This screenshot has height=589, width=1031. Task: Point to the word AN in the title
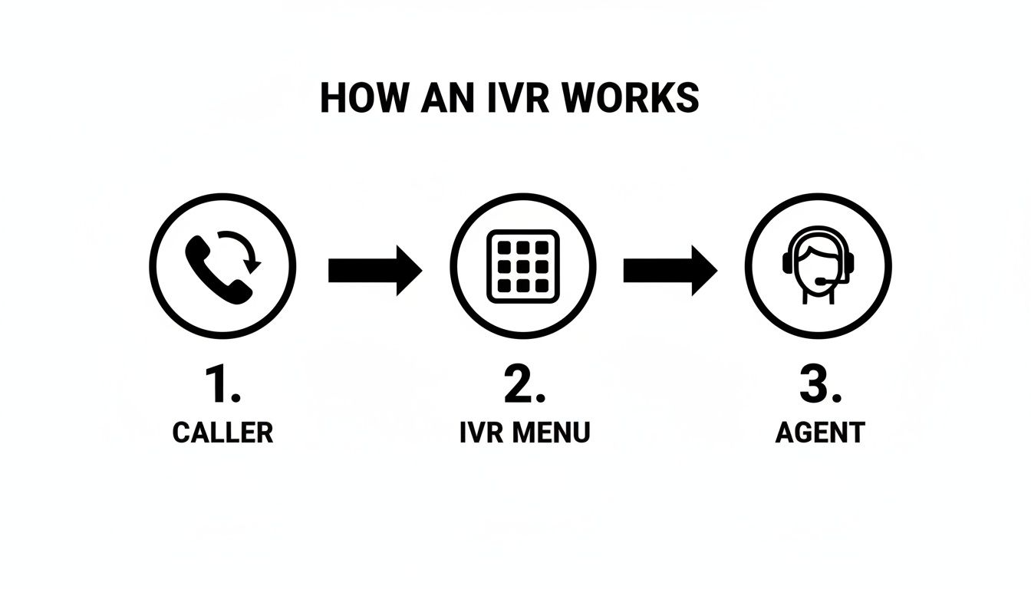tap(442, 98)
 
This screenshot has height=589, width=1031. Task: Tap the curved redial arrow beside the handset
tap(245, 250)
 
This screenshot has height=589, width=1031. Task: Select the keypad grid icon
tap(524, 265)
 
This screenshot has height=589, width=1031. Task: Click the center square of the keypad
tap(524, 265)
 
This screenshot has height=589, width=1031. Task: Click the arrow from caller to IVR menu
tap(374, 270)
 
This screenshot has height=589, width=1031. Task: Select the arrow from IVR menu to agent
tap(670, 270)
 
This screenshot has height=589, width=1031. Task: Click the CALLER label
tap(222, 433)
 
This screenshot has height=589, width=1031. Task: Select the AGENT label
tap(819, 433)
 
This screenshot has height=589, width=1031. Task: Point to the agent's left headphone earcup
tap(788, 263)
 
